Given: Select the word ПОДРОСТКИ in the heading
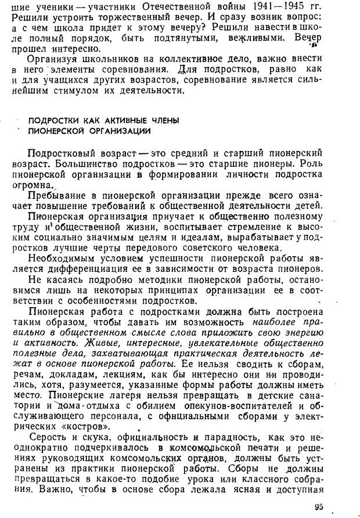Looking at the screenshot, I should click(x=53, y=120).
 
